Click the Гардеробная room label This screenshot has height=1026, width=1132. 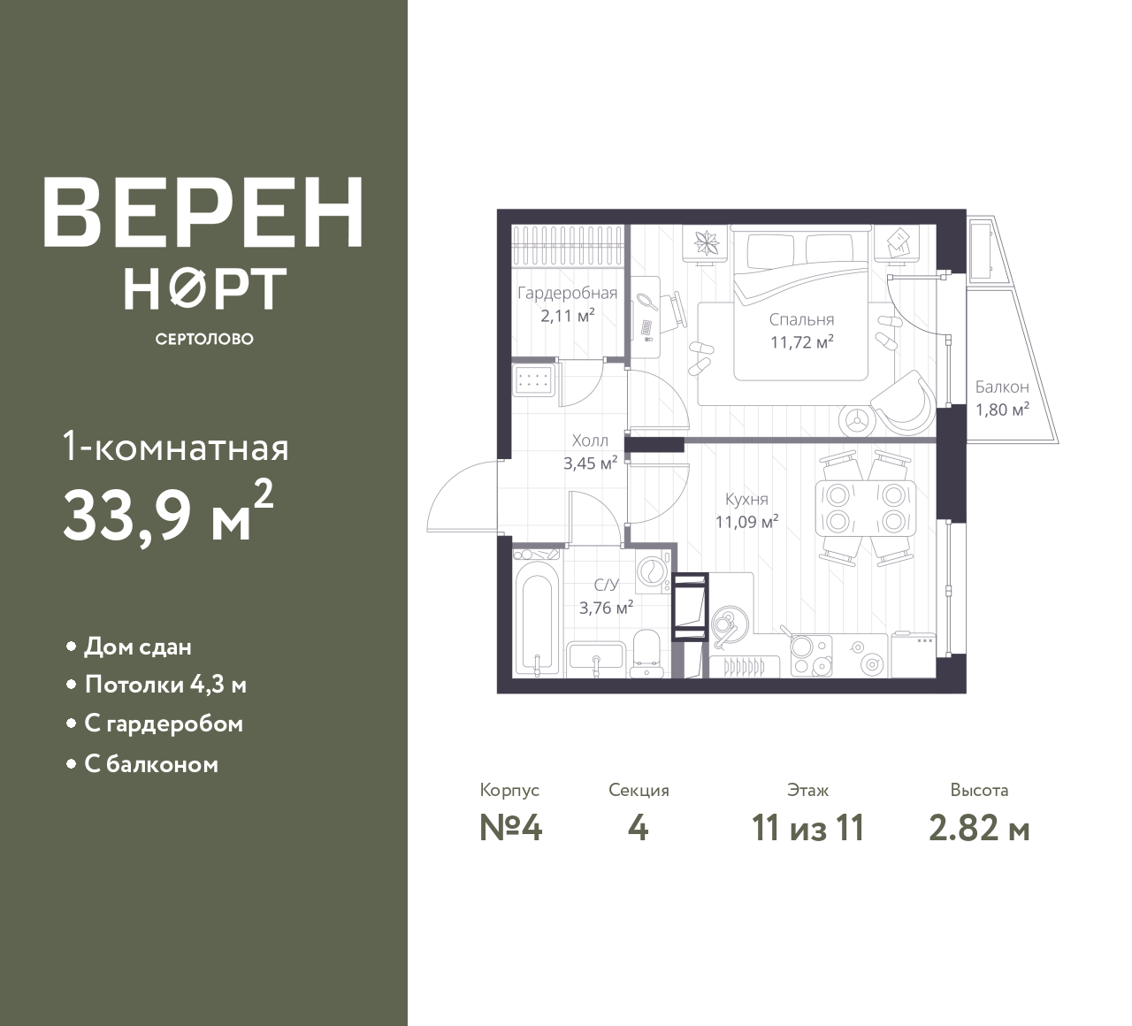[x=567, y=293]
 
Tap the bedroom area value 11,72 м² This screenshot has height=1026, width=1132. [x=802, y=342]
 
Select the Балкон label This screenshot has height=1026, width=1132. [x=1002, y=387]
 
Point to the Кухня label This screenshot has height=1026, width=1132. [x=746, y=500]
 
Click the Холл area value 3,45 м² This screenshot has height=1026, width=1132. [x=590, y=463]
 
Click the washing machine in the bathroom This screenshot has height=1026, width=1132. [x=654, y=572]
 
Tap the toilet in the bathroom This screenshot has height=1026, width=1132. [x=646, y=653]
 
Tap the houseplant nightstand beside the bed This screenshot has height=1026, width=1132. [x=704, y=244]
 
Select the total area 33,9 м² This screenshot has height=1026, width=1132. [x=169, y=514]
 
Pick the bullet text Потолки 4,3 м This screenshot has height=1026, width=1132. [x=165, y=685]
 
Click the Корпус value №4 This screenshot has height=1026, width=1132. [x=510, y=829]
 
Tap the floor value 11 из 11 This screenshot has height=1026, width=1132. [x=808, y=829]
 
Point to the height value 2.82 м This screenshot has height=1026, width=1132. [x=980, y=829]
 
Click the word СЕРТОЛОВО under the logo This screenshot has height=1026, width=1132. [x=204, y=339]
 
